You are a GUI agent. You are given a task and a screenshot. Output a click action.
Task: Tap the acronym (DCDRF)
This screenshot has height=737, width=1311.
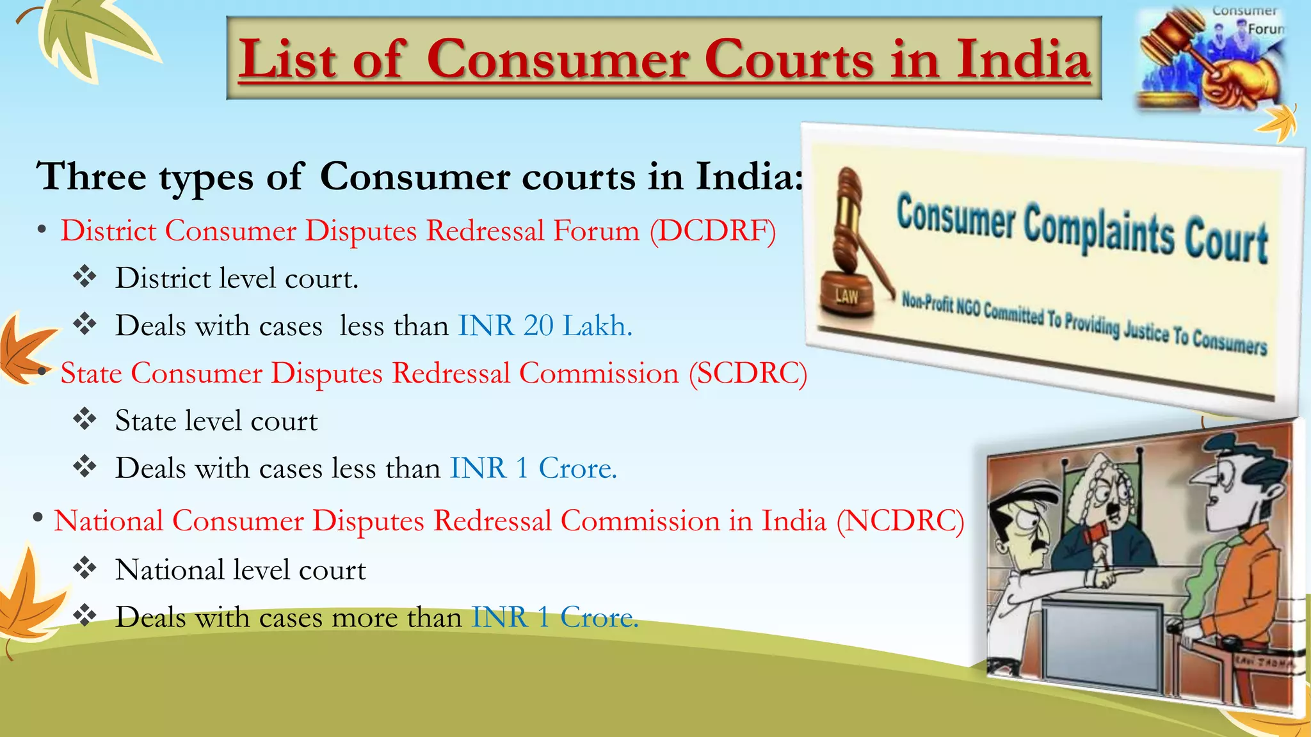[712, 231]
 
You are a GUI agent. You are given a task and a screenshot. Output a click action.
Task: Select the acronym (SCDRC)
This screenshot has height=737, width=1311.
[748, 374]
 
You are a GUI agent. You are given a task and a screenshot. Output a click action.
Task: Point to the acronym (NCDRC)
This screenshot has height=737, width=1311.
[900, 521]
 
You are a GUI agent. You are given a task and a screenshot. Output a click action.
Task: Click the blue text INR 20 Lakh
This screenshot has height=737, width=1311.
[545, 326]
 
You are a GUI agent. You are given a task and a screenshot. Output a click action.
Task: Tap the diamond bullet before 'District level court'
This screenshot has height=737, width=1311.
[84, 278]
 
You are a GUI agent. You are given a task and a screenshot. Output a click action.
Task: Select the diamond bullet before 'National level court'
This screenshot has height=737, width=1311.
[84, 568]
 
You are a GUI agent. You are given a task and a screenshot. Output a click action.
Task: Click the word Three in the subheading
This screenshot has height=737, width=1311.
[92, 177]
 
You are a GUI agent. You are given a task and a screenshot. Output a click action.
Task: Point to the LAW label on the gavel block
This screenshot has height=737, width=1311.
[846, 296]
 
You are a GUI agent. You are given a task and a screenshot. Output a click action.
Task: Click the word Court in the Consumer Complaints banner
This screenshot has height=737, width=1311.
[1225, 242]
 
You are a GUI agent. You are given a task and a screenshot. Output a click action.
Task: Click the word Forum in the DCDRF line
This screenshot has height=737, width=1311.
[596, 231]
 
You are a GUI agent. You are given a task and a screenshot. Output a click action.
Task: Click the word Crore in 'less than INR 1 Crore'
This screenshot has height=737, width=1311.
[577, 469]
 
